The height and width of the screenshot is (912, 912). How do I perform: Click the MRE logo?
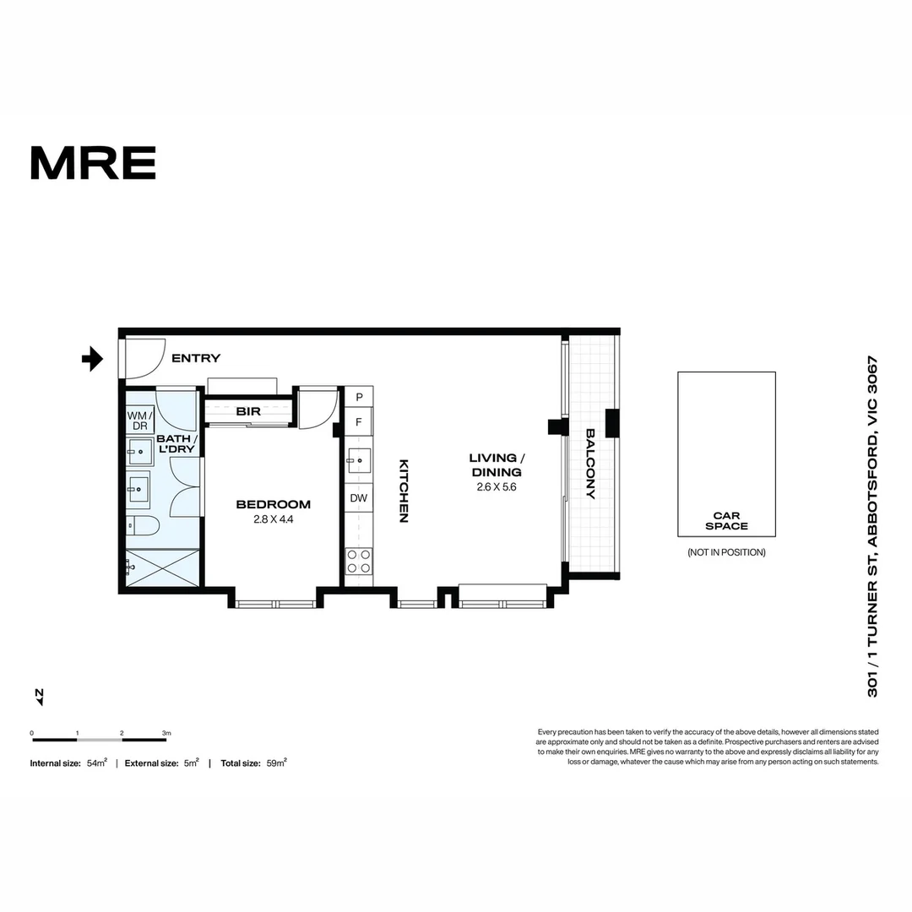click(93, 163)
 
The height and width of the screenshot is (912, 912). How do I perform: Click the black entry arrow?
click(92, 360)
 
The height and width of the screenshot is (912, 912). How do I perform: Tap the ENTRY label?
click(195, 359)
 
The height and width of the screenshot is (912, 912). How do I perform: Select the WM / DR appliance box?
click(139, 421)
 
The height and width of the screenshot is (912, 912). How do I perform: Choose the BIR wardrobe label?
click(248, 412)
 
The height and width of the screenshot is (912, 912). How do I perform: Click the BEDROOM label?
click(273, 504)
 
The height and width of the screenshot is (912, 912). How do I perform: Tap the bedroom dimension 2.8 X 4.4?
click(273, 519)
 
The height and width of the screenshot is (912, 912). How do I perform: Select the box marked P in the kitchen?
click(359, 397)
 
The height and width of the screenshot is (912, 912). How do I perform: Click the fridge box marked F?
click(359, 422)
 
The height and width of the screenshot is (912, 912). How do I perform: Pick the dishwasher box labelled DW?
click(359, 498)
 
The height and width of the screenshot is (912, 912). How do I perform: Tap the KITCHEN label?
click(404, 491)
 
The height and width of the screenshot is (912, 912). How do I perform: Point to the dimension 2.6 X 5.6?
click(495, 487)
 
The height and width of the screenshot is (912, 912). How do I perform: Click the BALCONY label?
click(590, 464)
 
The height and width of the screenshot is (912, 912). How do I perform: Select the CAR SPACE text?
click(726, 520)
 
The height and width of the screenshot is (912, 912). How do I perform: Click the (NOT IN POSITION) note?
click(726, 552)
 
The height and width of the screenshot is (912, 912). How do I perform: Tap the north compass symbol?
click(39, 696)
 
